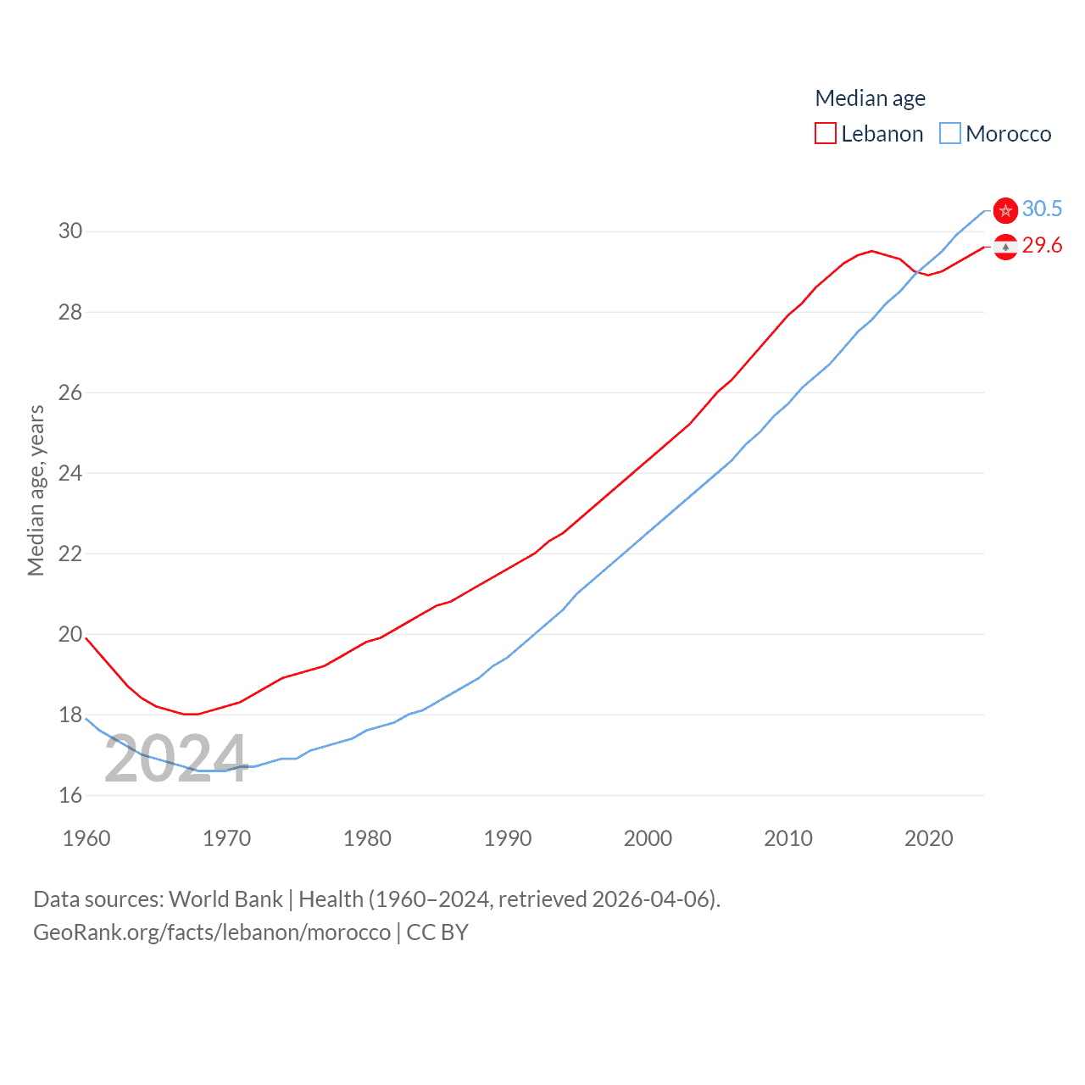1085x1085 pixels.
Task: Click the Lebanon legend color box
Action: coord(825,134)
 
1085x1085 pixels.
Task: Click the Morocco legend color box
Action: coord(950,134)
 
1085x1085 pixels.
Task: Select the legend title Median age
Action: coord(870,98)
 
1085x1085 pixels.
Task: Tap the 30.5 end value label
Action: coord(1042,209)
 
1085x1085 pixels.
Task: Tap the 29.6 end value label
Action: coord(1042,245)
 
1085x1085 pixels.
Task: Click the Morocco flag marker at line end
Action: coord(1005,210)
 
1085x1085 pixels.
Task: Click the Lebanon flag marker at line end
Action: coord(1005,247)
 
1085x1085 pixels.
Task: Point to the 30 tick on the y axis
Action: coord(70,231)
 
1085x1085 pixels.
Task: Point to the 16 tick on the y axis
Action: coord(70,795)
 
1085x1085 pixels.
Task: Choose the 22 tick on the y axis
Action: coord(70,554)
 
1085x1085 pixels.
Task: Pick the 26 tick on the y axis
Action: coord(70,392)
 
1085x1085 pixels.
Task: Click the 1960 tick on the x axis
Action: coord(86,838)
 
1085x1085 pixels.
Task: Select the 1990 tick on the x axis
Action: coord(508,838)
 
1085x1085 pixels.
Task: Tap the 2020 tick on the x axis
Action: coord(929,838)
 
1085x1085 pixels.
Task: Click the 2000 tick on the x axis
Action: coord(648,838)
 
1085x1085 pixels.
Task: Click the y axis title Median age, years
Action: coord(36,490)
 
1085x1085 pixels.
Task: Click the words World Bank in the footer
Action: coord(225,899)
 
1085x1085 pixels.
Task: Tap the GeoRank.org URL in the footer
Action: coord(212,932)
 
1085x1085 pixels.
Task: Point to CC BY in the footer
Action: coord(437,932)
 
